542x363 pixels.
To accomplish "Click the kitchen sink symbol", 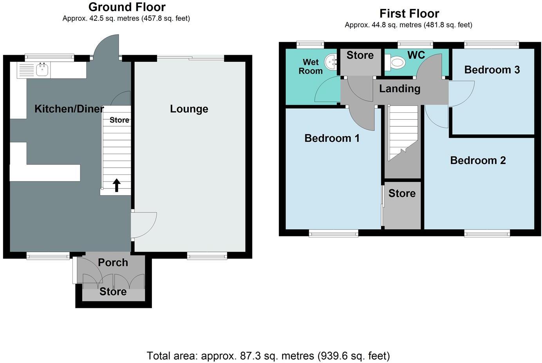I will pos(42,70).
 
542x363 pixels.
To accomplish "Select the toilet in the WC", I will pos(396,62).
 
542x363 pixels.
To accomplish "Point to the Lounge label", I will pos(189,109).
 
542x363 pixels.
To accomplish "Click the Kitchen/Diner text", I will pos(69,109).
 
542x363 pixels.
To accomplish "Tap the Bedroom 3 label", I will pos(492,70).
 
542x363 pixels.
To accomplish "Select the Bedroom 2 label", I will pos(478,160).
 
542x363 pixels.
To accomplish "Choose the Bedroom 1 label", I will pos(332,138).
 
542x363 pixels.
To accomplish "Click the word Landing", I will pos(399,89).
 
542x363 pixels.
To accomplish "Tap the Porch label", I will pos(113,262).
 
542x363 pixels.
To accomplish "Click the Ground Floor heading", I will pos(127,7).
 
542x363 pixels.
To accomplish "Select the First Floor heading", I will pos(409,14).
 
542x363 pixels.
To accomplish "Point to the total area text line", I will pos(268,356).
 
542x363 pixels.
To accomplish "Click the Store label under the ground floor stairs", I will pos(119,120).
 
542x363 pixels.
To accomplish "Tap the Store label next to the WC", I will pos(360,56).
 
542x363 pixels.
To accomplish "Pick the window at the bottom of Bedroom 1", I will pos(333,234).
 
